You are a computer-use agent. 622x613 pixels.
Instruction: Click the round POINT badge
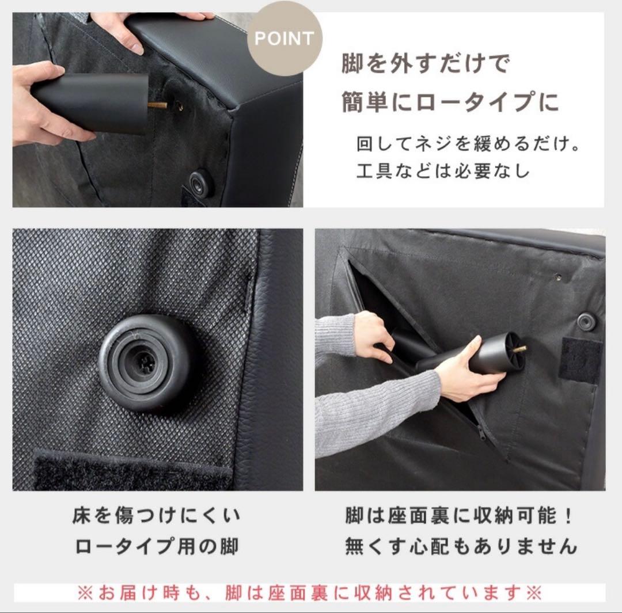pyautogui.click(x=285, y=39)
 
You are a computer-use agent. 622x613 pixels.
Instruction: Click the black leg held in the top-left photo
pyautogui.click(x=92, y=102)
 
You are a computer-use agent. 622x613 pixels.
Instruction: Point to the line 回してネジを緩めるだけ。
pyautogui.click(x=467, y=143)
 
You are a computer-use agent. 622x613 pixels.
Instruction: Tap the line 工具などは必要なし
pyautogui.click(x=442, y=172)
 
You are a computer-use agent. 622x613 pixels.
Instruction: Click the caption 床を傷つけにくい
pyautogui.click(x=157, y=515)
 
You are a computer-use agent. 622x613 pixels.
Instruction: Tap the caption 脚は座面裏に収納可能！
pyautogui.click(x=460, y=515)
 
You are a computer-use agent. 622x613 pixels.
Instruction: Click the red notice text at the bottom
pyautogui.click(x=309, y=593)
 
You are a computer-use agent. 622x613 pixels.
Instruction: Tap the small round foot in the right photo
pyautogui.click(x=586, y=321)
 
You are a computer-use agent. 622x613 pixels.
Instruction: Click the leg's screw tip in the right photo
pyautogui.click(x=519, y=349)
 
